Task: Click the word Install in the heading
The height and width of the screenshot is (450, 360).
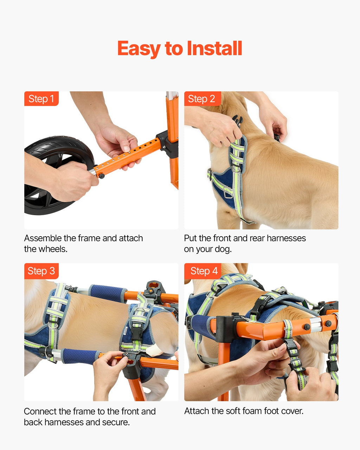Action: [x=214, y=48]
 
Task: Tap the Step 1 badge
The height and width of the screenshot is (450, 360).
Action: [x=41, y=99]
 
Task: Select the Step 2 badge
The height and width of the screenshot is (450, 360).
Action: [x=202, y=99]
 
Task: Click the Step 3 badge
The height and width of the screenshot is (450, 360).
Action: [x=41, y=271]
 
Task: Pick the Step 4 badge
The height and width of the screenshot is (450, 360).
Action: [x=202, y=271]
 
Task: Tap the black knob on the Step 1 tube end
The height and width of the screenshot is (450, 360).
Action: [x=102, y=176]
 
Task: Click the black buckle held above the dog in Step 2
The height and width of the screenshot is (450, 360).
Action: [x=238, y=121]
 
